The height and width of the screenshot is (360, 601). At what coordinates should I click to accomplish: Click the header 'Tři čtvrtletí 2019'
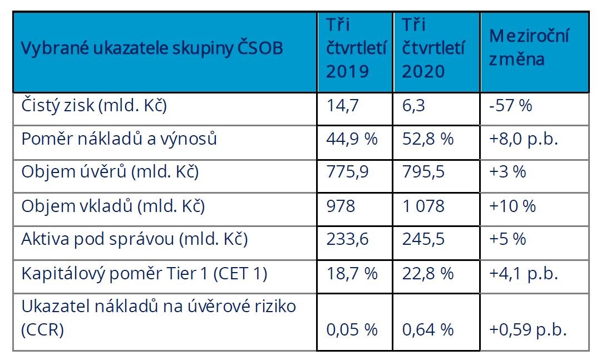(x=356, y=49)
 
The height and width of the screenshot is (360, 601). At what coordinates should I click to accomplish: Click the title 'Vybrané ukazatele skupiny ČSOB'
(x=152, y=48)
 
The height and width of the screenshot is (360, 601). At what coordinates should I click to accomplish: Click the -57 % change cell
(x=511, y=106)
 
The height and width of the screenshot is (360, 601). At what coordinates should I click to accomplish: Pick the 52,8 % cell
(x=427, y=139)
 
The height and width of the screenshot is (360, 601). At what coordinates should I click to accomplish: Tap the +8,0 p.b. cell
(x=523, y=139)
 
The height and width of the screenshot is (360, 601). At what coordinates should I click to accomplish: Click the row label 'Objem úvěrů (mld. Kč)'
(x=110, y=172)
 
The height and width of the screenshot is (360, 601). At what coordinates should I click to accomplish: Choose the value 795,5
(x=423, y=172)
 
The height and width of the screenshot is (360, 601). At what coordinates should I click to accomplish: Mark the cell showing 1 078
(x=423, y=206)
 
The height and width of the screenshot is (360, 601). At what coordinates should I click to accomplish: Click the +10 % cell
(x=512, y=206)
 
